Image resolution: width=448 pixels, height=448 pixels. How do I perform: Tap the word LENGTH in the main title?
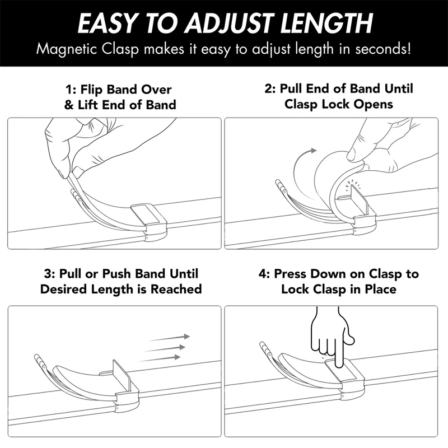point(326,23)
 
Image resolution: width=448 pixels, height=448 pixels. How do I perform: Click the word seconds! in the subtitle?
point(384,49)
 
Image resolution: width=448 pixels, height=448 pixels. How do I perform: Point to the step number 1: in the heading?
point(71,90)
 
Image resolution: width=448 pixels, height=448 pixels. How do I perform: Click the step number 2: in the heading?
point(270,88)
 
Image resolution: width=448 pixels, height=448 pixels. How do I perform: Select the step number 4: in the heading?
point(264,274)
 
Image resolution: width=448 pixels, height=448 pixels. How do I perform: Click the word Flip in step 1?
point(91,90)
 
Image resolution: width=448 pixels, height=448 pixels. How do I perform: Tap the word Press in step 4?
point(290,274)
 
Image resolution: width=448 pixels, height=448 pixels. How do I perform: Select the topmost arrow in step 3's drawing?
point(169,338)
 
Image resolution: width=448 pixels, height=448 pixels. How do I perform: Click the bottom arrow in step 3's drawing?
point(160,359)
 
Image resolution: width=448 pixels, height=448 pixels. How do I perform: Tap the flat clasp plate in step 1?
point(147,213)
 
